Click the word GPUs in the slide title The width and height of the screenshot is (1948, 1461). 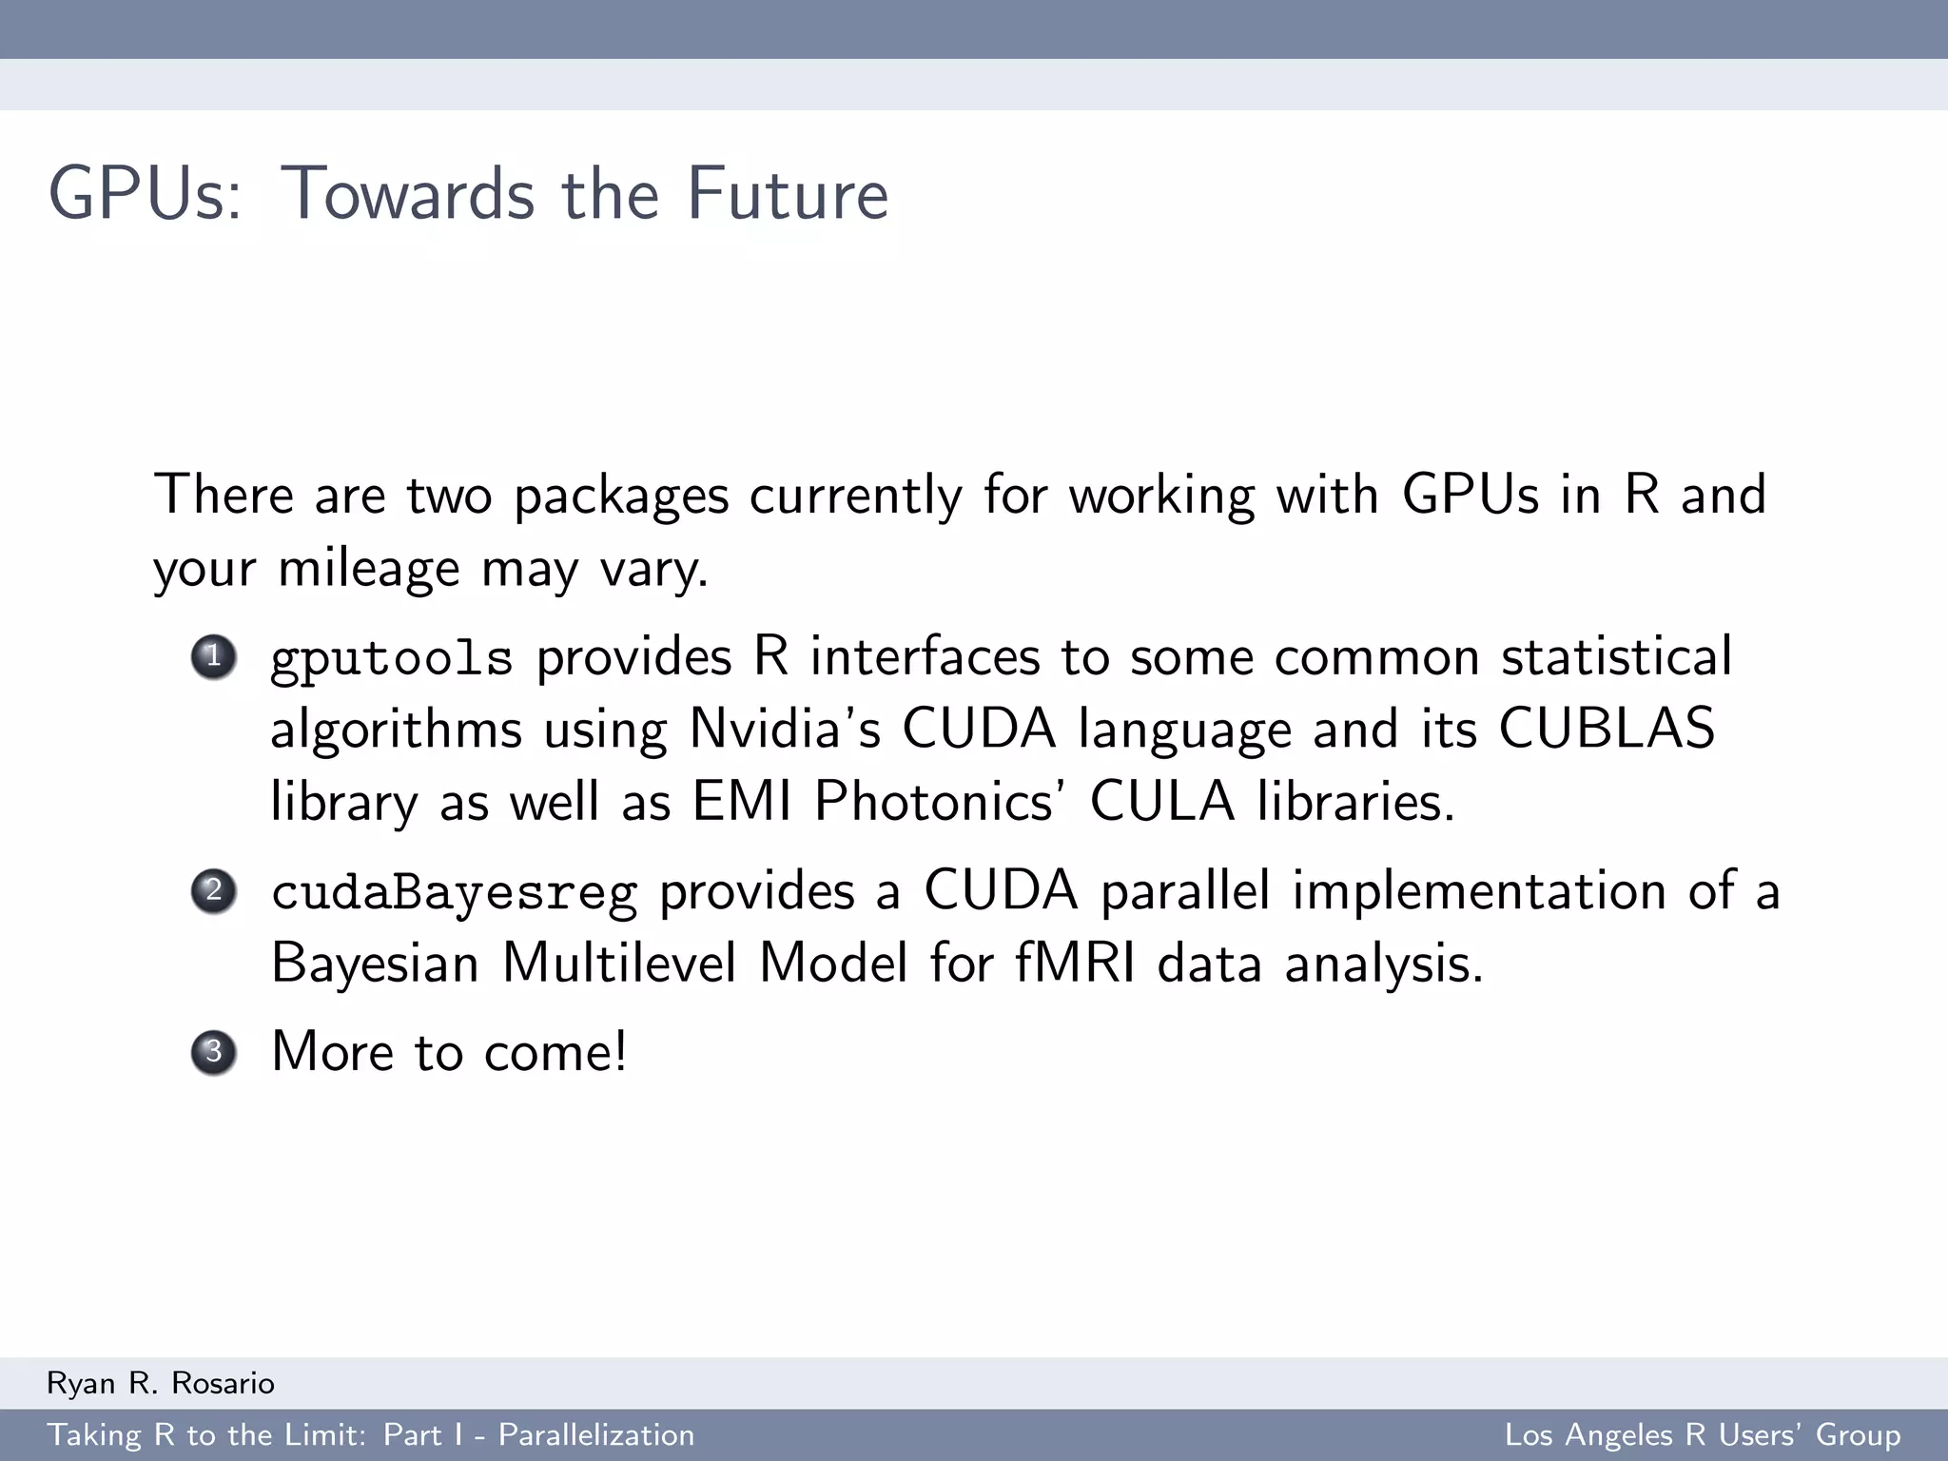tap(145, 194)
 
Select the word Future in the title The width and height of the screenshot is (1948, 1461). tap(788, 194)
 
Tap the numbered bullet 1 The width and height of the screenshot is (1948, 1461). tap(214, 656)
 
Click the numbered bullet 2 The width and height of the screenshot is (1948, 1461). tap(214, 891)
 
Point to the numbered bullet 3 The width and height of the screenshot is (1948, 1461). tap(214, 1052)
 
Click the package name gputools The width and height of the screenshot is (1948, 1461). tap(392, 659)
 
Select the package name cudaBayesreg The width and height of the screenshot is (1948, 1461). tap(454, 893)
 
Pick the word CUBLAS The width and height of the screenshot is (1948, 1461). tap(1607, 730)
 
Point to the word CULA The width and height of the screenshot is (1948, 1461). tap(1161, 802)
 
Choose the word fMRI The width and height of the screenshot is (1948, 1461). tap(1075, 964)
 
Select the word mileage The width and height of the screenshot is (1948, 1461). tap(369, 570)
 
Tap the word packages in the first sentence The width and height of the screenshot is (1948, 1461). tap(621, 497)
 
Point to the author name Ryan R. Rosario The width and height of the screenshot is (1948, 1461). tap(161, 1383)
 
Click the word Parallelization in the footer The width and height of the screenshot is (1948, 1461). tap(596, 1435)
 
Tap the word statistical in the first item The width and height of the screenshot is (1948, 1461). tap(1616, 657)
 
